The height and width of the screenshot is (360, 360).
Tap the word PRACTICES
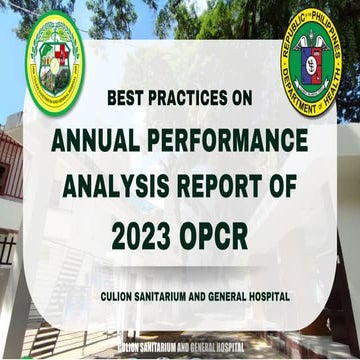click(x=183, y=99)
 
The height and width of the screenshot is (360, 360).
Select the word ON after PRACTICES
click(x=239, y=99)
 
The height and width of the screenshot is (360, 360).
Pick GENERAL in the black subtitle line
click(x=240, y=296)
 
